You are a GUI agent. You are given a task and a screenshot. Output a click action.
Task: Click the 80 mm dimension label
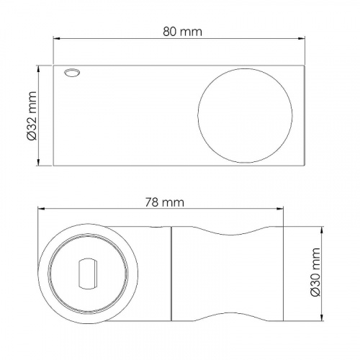point(182,32)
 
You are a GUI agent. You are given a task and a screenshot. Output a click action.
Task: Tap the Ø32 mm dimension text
point(32,115)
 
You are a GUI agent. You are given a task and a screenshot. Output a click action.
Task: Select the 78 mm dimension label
point(164,202)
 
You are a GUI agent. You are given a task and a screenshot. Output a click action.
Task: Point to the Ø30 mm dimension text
point(315,272)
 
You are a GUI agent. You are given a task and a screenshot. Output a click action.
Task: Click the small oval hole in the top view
point(72,73)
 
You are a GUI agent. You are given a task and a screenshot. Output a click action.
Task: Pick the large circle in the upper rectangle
point(245,116)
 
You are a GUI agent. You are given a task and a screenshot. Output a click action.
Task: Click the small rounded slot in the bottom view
point(89,274)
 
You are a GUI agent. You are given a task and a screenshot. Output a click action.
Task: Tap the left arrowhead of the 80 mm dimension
point(56,38)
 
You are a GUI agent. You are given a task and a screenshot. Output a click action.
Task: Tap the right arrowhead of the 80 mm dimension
point(302,38)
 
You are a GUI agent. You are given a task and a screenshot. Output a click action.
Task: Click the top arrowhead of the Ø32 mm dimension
point(38,68)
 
